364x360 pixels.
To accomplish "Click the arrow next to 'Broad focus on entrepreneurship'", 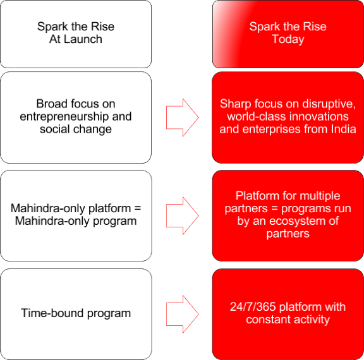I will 182,117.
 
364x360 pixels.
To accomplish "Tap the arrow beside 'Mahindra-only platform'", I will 182,215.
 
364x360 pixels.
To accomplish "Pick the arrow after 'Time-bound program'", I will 182,314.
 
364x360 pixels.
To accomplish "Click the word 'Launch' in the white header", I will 84,39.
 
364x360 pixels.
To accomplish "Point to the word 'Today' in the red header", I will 288,39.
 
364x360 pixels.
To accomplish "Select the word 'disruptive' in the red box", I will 331,104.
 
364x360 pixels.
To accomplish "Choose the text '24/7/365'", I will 252,307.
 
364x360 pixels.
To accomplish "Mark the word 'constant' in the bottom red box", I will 268,320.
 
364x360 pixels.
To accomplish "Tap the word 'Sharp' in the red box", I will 234,104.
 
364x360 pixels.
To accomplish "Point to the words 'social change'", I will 76,129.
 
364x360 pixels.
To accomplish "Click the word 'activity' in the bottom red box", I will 310,320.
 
